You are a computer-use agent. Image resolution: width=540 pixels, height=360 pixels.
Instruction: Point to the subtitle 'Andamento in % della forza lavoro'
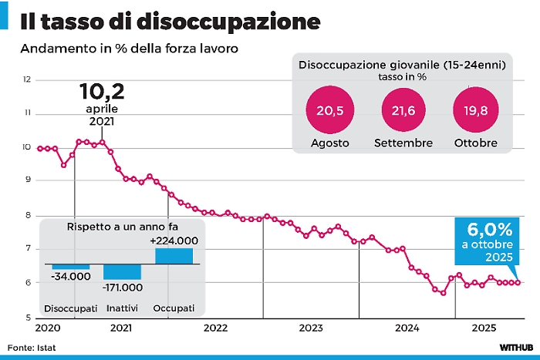tap(129, 49)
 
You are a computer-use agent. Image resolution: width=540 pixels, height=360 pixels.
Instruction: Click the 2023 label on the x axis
tap(310, 328)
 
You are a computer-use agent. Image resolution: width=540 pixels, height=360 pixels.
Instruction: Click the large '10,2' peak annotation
tap(102, 93)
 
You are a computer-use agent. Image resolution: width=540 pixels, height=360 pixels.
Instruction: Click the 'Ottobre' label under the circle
tap(475, 143)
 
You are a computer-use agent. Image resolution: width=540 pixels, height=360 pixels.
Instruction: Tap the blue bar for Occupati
tap(174, 256)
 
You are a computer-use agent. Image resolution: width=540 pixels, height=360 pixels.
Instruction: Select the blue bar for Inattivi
tap(122, 271)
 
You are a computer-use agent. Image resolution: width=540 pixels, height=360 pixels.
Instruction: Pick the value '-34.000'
tap(70, 277)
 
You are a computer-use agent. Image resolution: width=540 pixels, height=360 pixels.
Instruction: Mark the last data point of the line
tap(518, 283)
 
